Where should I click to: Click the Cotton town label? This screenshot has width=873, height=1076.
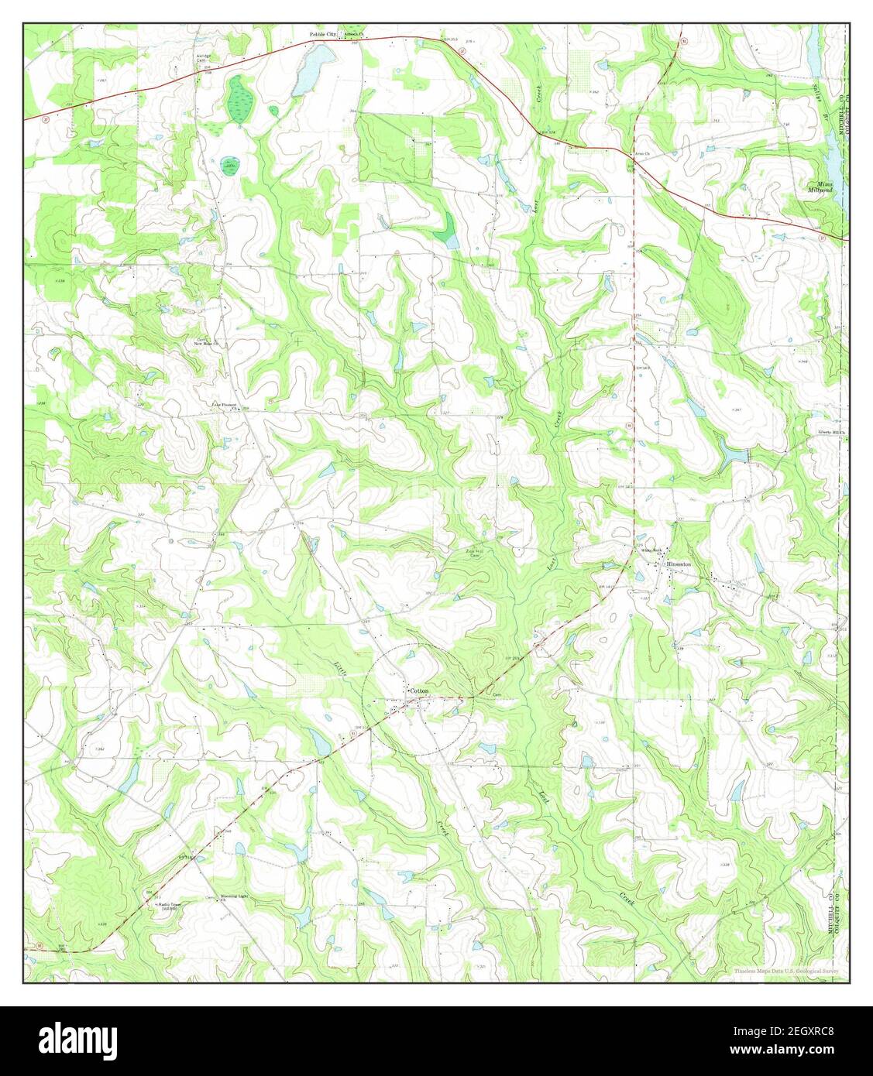coord(419,690)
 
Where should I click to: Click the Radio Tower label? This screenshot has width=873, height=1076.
coord(167,905)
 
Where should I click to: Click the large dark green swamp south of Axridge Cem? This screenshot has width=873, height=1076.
coord(239,99)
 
